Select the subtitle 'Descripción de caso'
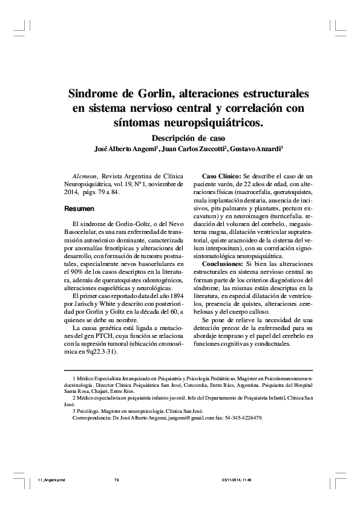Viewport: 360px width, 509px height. click(188, 137)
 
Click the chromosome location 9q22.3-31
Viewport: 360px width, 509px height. click(97, 350)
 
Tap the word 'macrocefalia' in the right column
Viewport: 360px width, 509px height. click(261, 193)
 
